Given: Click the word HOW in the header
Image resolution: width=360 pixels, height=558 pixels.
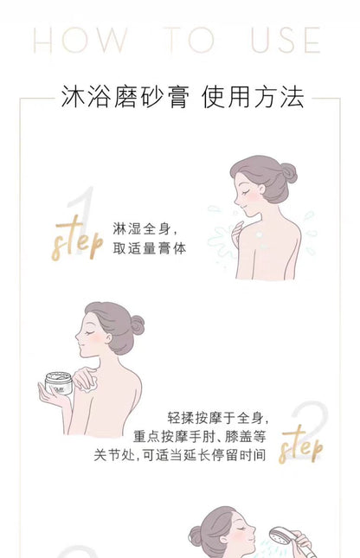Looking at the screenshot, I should [x=80, y=41].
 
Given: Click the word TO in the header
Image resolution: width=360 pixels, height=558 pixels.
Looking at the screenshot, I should [x=188, y=41].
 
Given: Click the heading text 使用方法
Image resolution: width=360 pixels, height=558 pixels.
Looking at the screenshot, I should [x=253, y=97].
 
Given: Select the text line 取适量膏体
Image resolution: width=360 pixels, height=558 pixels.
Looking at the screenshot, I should [x=150, y=249].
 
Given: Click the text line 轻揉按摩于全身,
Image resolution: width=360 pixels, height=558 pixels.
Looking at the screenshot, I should [x=216, y=418].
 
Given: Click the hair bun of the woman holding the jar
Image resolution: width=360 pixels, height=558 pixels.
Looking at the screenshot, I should [x=136, y=325].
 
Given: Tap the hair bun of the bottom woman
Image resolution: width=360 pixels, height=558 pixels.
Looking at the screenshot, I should [x=195, y=536].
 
